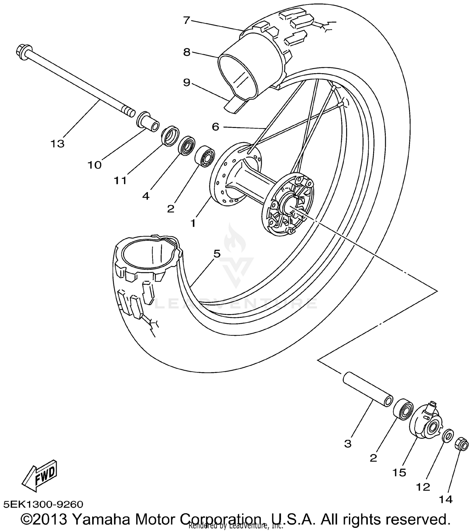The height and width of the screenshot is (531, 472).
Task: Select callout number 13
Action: [57, 144]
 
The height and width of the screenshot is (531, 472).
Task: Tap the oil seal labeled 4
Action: [186, 145]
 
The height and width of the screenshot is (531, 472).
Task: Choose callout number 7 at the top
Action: [187, 20]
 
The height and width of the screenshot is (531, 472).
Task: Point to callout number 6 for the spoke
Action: [215, 127]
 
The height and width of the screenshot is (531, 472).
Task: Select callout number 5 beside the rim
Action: [217, 253]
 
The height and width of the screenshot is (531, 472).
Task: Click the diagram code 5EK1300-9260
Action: [43, 505]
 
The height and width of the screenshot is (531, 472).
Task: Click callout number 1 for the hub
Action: [193, 223]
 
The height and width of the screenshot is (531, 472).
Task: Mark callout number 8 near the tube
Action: [187, 52]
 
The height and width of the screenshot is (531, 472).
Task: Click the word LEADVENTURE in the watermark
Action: [236, 304]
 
